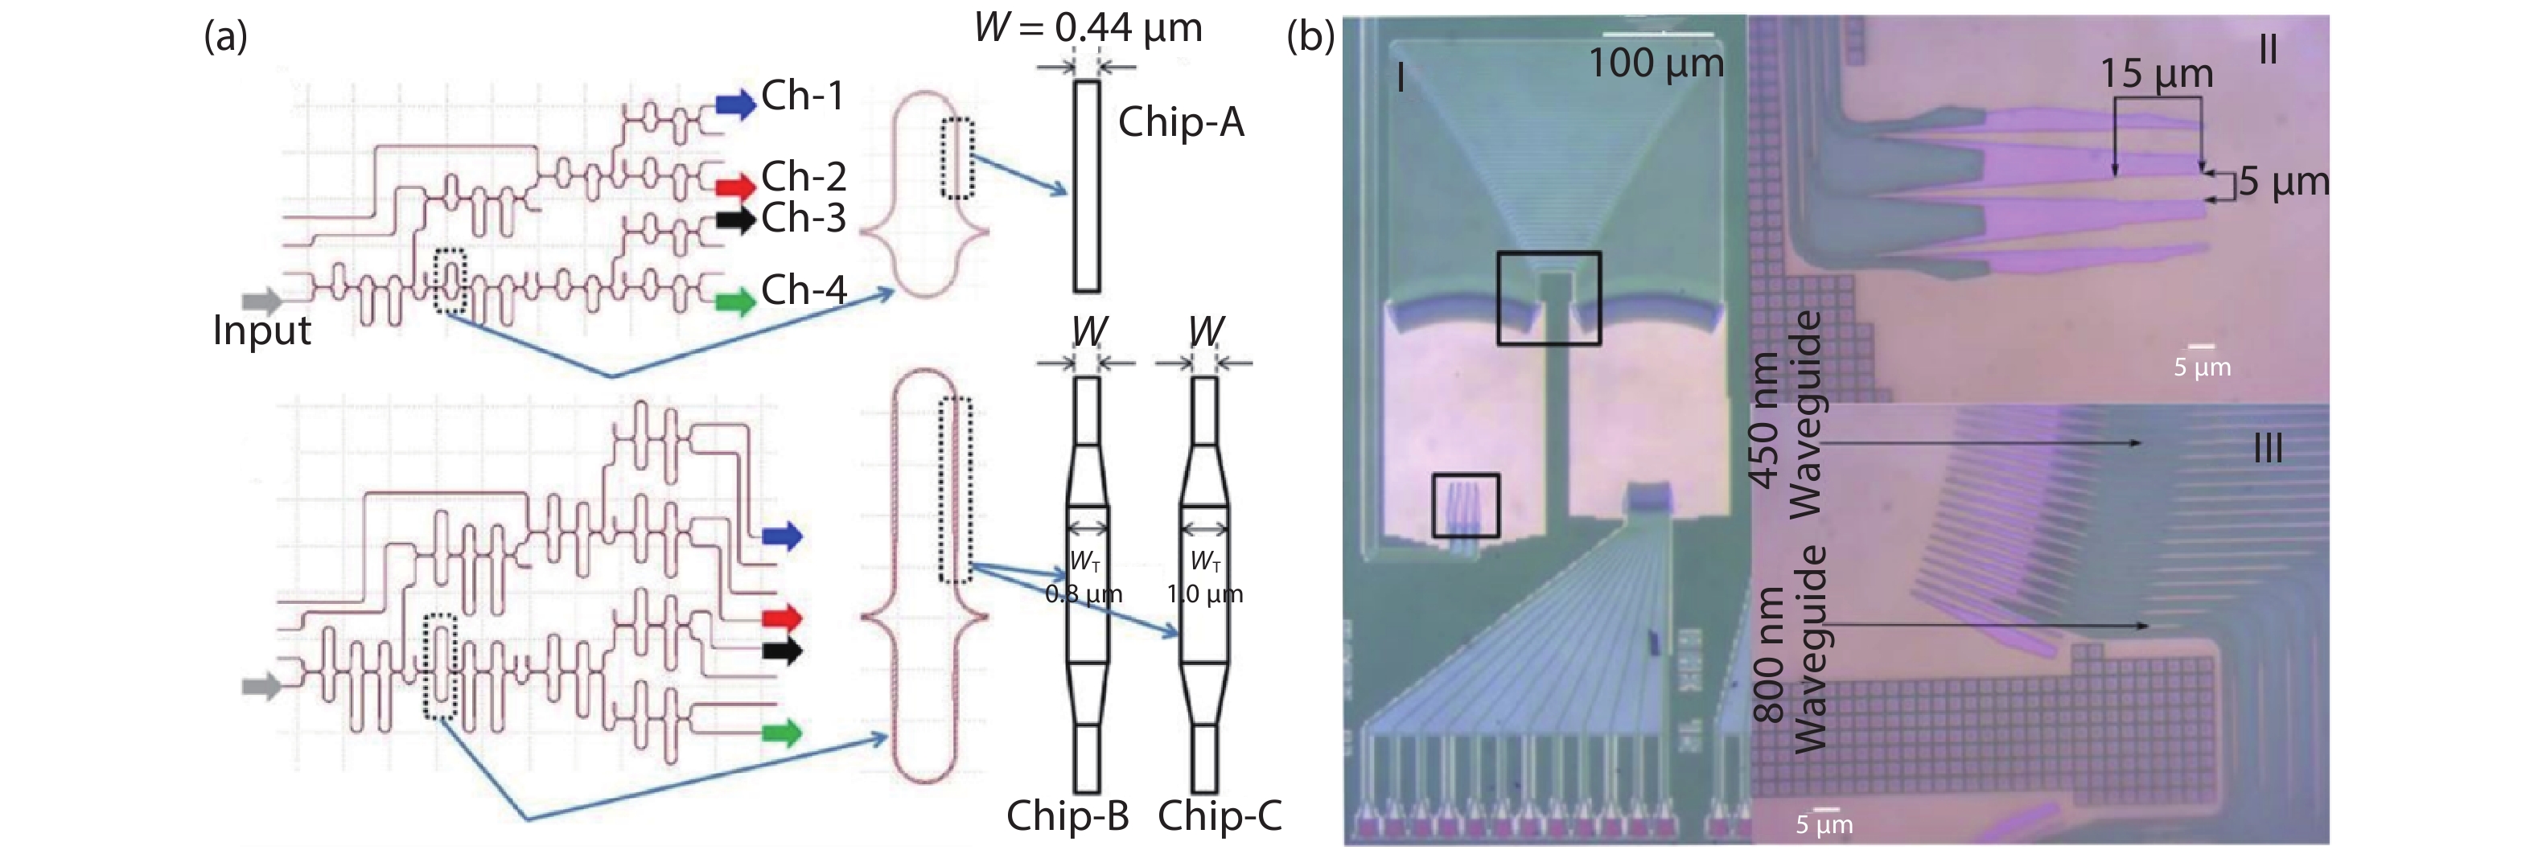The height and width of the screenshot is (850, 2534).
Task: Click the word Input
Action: (x=261, y=331)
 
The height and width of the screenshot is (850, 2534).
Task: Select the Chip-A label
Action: (x=1180, y=122)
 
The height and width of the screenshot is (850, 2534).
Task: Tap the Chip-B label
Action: (x=1067, y=815)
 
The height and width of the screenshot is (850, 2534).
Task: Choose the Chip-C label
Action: (x=1220, y=815)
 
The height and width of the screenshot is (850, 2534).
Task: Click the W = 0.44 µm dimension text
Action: (x=1088, y=27)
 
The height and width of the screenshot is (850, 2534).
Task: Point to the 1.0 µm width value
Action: (x=1205, y=594)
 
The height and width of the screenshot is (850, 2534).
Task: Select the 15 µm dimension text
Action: (x=2156, y=74)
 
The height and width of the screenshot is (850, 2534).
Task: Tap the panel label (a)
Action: (x=225, y=36)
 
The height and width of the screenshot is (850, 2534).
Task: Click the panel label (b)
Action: (x=1310, y=36)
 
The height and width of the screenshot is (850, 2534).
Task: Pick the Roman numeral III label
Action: (x=2268, y=450)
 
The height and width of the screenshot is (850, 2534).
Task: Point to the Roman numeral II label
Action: (x=2268, y=49)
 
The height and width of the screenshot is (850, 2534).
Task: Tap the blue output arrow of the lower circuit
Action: (x=782, y=536)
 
